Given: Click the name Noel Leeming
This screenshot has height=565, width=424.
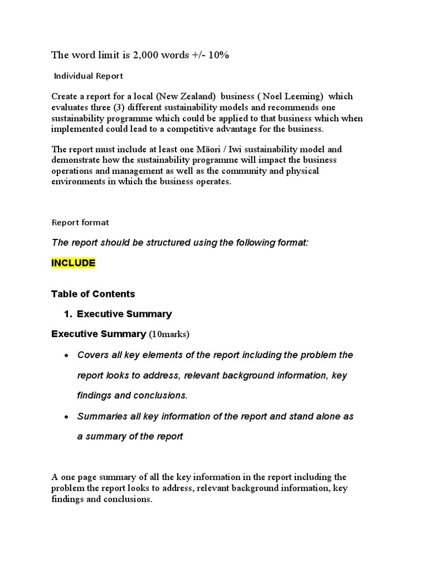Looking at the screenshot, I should (x=290, y=97).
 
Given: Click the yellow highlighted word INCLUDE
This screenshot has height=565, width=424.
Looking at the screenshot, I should (x=73, y=263).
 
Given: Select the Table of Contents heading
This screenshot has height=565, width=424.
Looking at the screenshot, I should (x=93, y=294).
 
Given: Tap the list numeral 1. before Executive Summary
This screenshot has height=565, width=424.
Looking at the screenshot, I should (x=68, y=314).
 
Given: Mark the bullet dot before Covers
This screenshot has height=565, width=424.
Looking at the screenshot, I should (x=66, y=355).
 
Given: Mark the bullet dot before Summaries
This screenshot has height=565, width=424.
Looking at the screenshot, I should (x=66, y=417).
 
